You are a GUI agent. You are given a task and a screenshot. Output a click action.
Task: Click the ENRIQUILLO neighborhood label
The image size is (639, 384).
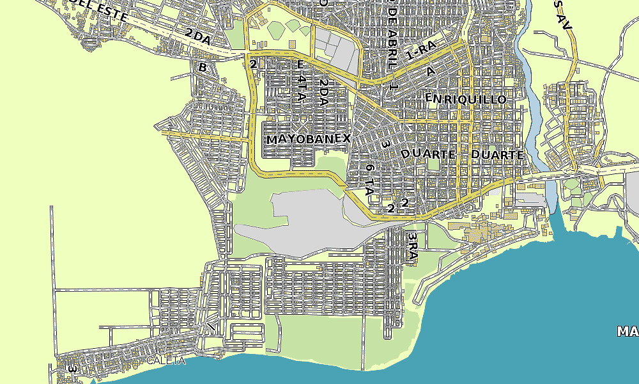(466, 99)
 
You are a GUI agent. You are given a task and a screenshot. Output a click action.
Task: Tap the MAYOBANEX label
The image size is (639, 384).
(309, 139)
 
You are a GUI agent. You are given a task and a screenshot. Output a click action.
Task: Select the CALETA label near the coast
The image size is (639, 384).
(166, 360)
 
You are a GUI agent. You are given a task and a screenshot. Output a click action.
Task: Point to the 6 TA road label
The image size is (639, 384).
(369, 179)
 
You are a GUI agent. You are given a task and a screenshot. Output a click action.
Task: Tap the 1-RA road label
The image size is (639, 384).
(420, 50)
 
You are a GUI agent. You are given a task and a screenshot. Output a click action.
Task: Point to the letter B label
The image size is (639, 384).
(203, 67)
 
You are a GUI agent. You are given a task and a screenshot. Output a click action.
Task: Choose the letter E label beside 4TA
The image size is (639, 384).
(301, 65)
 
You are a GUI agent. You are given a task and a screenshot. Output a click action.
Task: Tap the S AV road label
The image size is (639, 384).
(562, 14)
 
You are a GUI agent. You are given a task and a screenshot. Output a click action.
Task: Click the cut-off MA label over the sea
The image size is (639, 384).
(627, 331)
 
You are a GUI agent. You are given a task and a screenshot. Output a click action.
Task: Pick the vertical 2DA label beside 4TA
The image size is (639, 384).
(324, 92)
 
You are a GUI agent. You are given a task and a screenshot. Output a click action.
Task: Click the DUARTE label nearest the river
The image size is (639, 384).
(497, 155)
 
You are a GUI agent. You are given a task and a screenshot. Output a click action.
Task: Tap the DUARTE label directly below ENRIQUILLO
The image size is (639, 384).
(428, 154)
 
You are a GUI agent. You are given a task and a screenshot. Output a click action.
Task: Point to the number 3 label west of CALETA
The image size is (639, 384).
(72, 369)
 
